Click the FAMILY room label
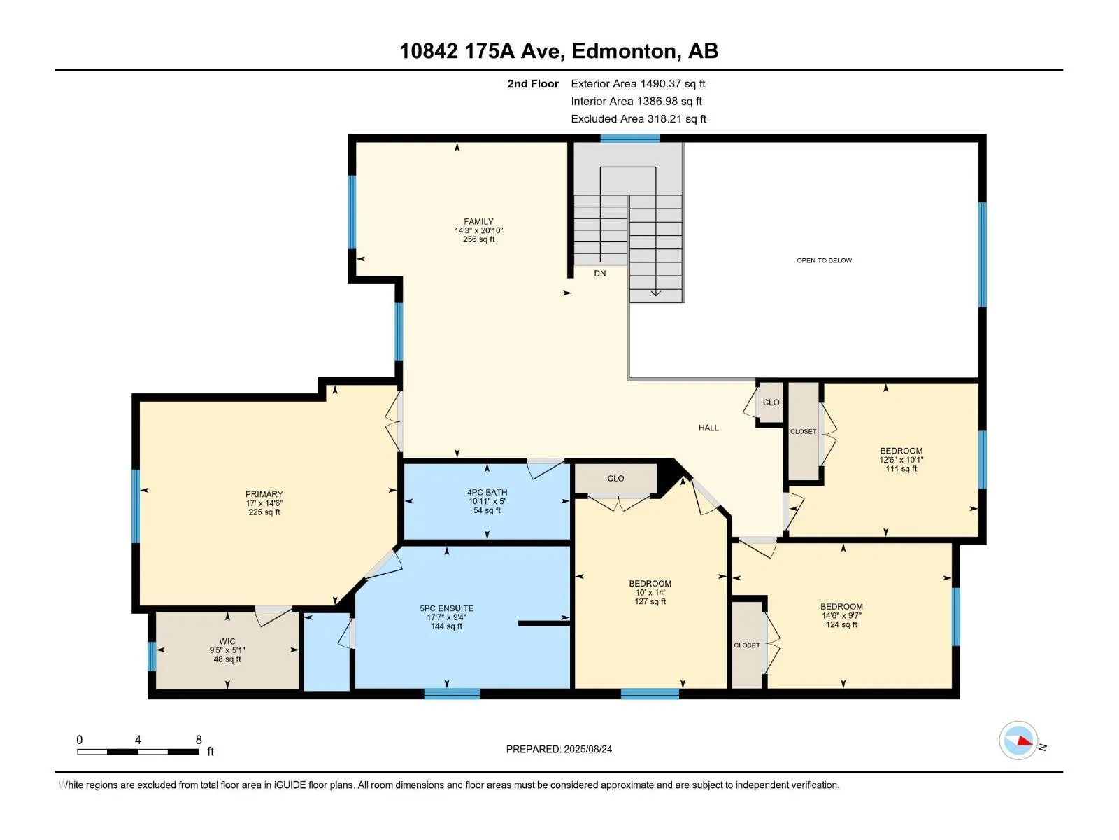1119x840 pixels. click(x=478, y=221)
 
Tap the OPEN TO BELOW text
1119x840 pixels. click(x=824, y=260)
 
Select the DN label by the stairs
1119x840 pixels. click(x=599, y=274)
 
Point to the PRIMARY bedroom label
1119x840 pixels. click(x=264, y=494)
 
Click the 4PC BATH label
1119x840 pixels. click(x=487, y=493)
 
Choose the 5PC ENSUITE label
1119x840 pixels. click(x=446, y=608)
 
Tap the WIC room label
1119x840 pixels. click(x=227, y=642)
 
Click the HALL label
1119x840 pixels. click(x=708, y=428)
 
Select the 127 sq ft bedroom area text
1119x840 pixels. click(x=650, y=602)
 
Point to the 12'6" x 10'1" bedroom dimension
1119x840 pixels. click(x=901, y=460)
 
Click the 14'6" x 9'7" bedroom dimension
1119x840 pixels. click(x=841, y=615)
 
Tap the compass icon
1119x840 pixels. click(x=1018, y=741)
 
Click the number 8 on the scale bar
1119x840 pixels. click(x=199, y=740)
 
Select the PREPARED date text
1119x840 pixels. click(x=559, y=749)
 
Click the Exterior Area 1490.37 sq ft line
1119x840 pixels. click(x=638, y=83)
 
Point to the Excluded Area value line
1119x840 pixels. click(x=639, y=119)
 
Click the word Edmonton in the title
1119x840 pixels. click(x=625, y=51)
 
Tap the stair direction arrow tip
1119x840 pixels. click(x=655, y=296)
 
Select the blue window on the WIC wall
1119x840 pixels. click(x=152, y=657)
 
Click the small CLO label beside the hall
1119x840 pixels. click(x=771, y=402)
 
